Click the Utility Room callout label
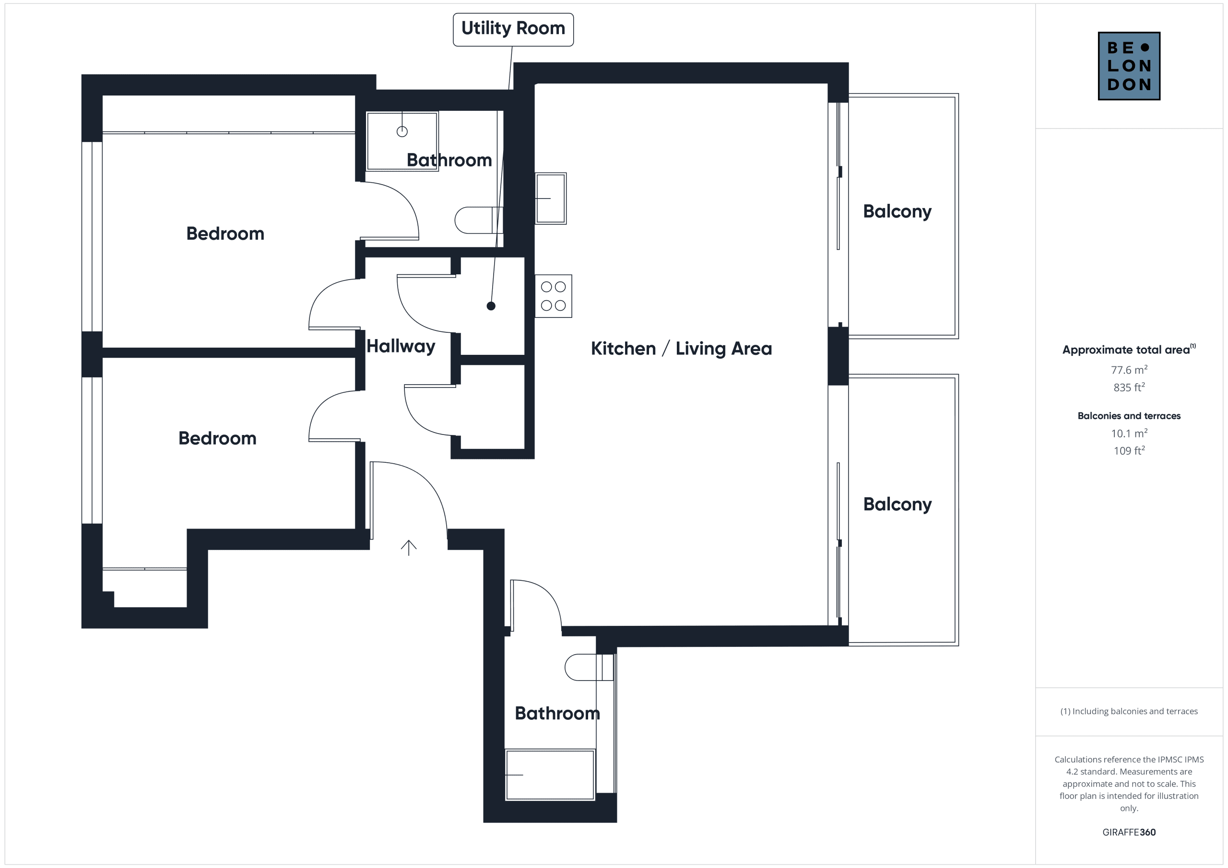coord(513,29)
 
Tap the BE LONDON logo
coord(1129,66)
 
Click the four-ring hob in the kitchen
coord(553,296)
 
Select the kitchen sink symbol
coord(550,199)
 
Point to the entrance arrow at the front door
coord(409,548)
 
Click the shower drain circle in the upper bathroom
coord(402,131)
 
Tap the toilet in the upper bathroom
coord(479,220)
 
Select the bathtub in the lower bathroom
coord(550,775)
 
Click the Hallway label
coord(401,347)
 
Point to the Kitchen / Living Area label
coord(681,349)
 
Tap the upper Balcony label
coord(897,212)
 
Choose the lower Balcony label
coord(897,504)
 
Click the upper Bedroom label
coord(225,234)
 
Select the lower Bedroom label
coord(217,438)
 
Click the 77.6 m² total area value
coord(1129,370)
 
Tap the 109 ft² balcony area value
coord(1129,451)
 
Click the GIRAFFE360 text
coord(1129,832)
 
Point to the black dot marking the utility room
coord(491,306)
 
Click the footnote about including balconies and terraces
coord(1129,711)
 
